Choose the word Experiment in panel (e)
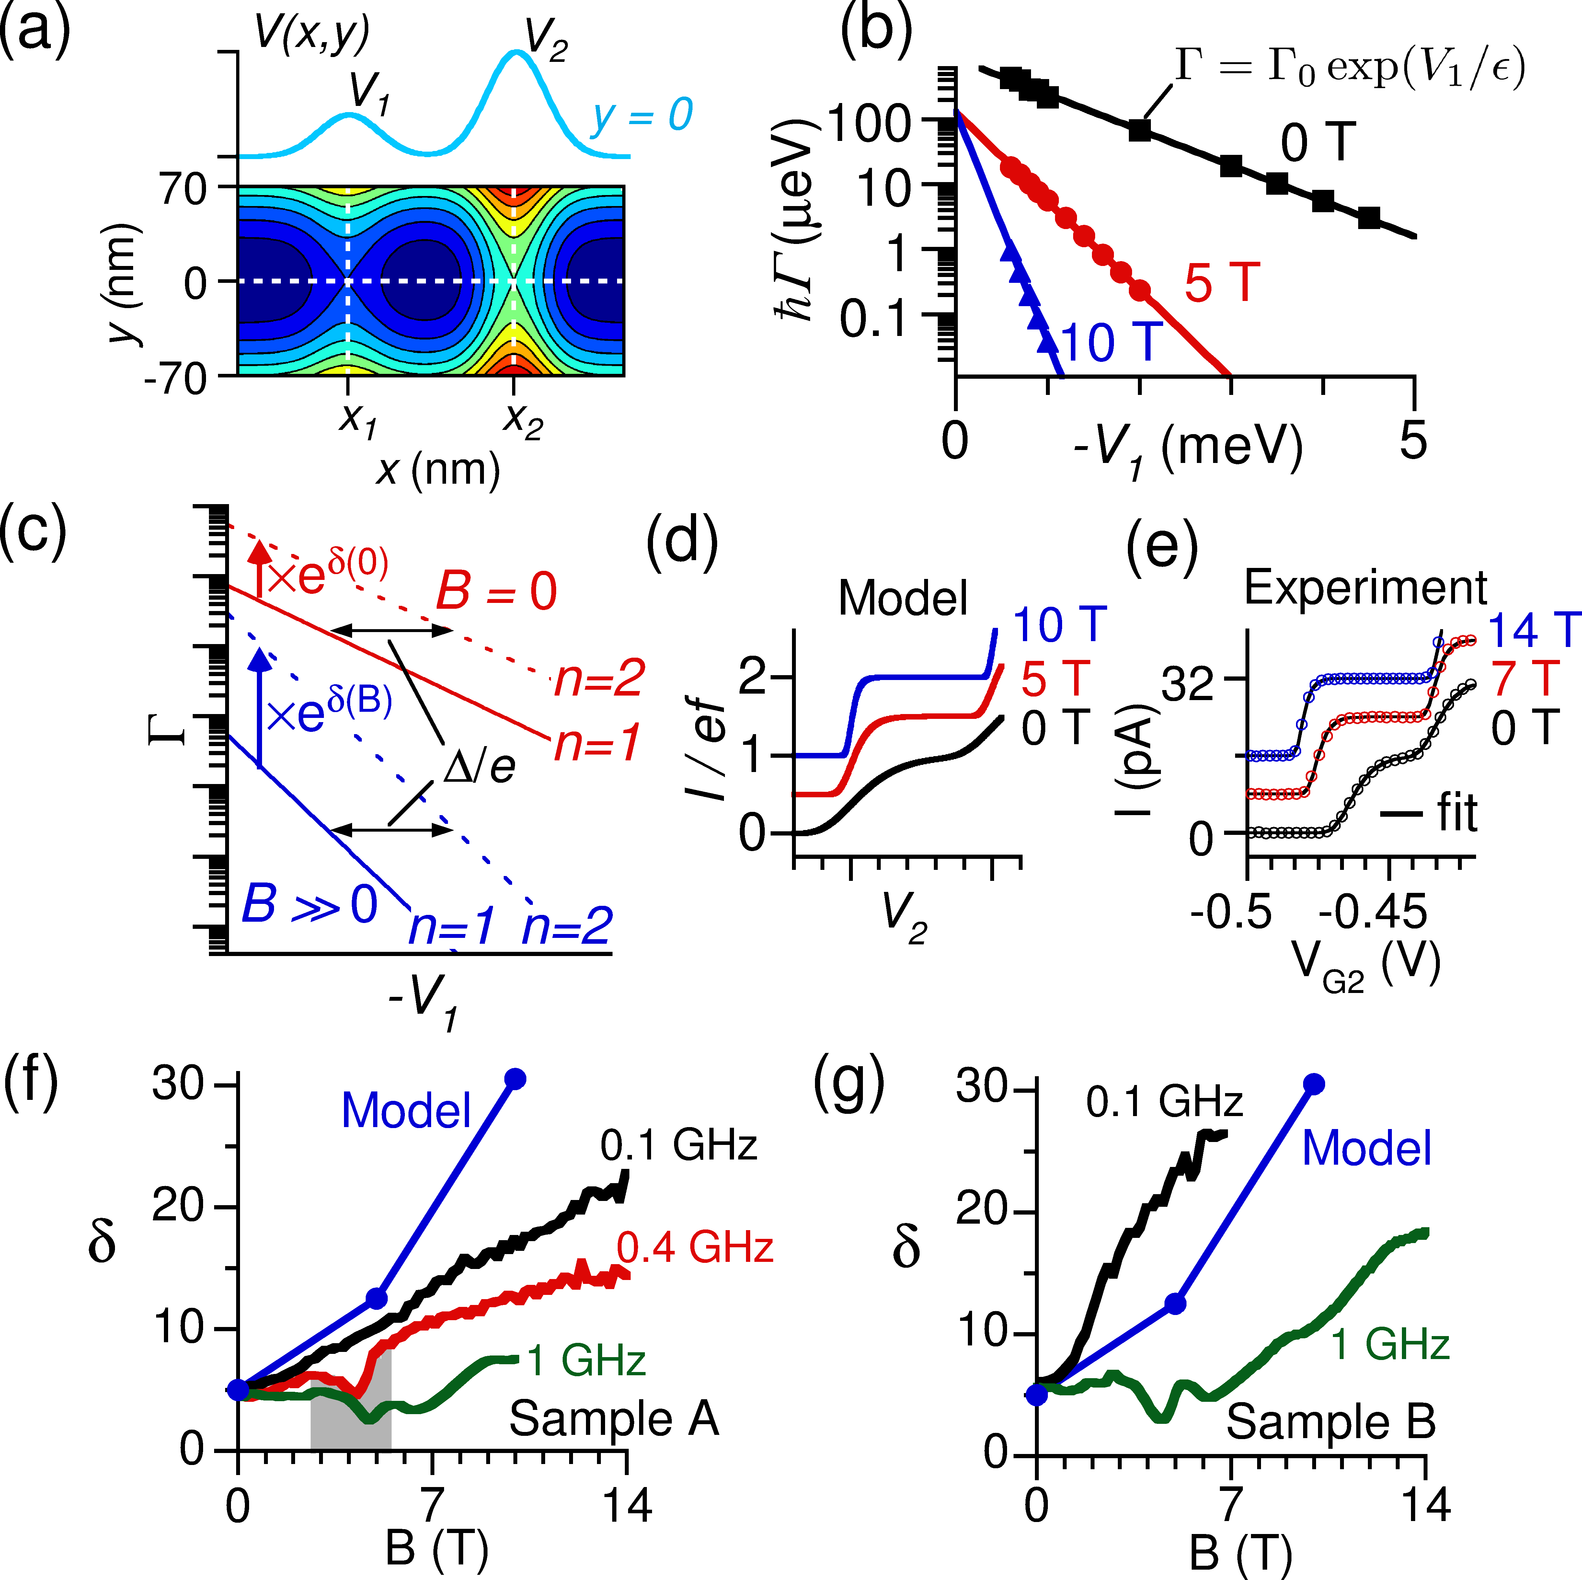[1365, 587]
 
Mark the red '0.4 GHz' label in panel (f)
[694, 1248]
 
